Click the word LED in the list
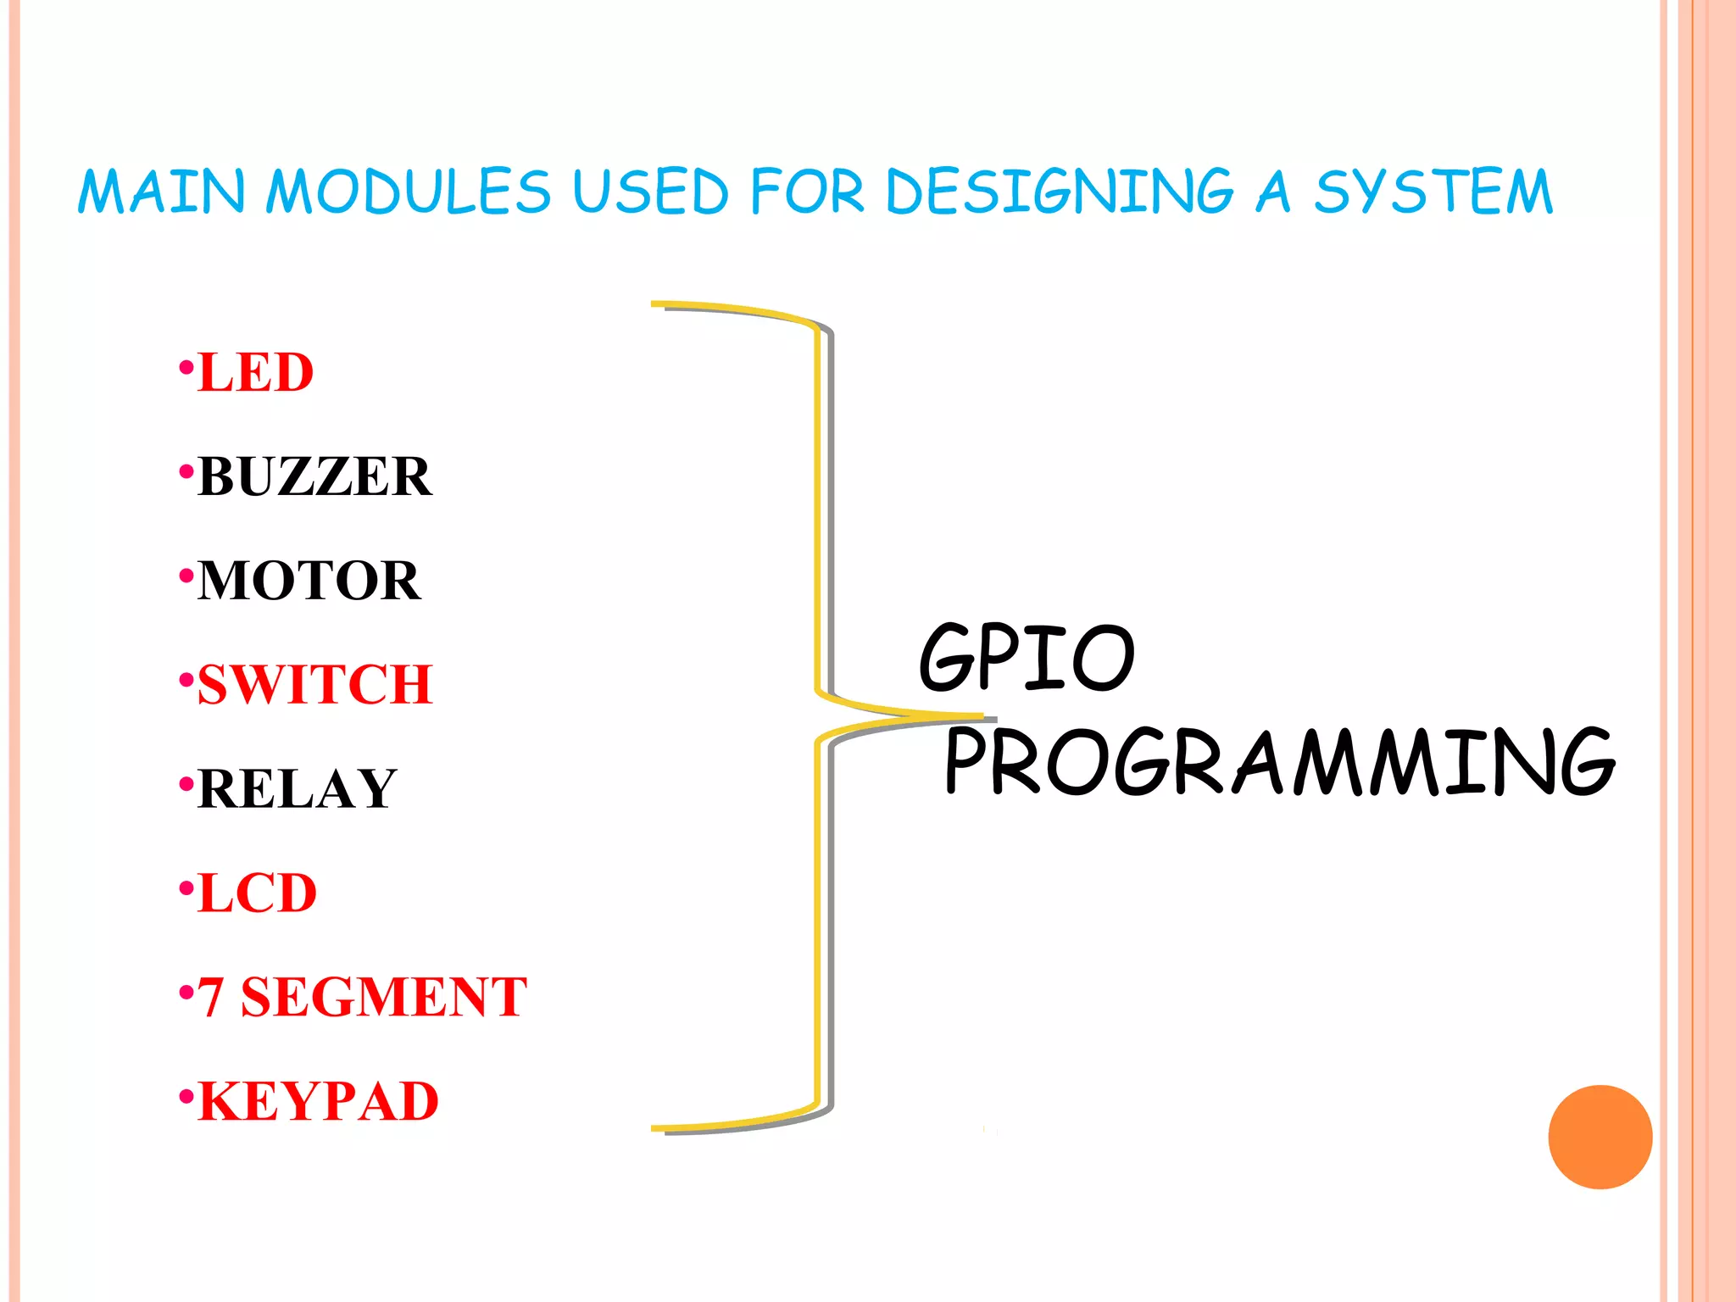coord(255,373)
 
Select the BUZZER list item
coord(314,476)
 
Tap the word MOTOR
coord(309,581)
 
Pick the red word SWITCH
coord(315,685)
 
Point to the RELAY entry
coord(297,789)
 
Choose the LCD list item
coord(257,893)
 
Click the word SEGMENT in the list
coord(384,997)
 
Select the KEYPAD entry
coord(318,1101)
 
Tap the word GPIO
coord(1027,656)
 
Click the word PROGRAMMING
coord(1279,762)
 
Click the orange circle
coord(1600,1137)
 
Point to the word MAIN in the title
coord(161,192)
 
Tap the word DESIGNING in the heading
coord(1060,192)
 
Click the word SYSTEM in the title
coord(1433,192)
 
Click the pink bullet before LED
coord(186,368)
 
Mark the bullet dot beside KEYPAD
coord(186,1096)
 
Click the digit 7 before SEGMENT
coord(211,997)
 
